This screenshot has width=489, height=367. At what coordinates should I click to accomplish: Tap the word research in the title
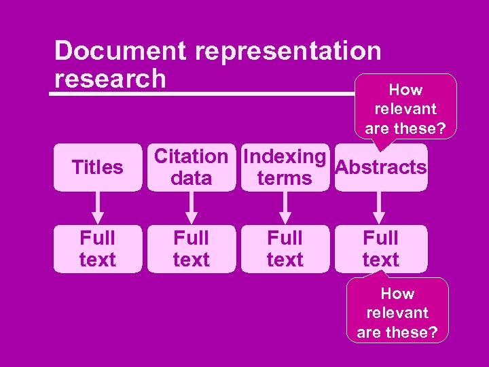point(110,79)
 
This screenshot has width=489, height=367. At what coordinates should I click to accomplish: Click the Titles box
point(98,167)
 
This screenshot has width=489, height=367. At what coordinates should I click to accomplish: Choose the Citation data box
point(192,167)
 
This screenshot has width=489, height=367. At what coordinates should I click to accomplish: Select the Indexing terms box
point(285,167)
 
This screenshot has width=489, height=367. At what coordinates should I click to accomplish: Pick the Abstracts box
point(381,168)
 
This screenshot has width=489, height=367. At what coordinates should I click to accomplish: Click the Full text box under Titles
point(98,249)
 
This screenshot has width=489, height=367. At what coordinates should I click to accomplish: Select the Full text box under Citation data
point(192,249)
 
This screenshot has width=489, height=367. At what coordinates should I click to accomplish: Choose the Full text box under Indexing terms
point(285,249)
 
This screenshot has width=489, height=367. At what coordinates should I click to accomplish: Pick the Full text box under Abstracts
point(380,249)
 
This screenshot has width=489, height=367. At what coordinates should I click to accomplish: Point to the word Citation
point(192,156)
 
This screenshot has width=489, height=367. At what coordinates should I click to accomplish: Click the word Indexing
point(285,156)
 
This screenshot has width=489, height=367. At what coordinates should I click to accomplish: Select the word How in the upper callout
point(405,90)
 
